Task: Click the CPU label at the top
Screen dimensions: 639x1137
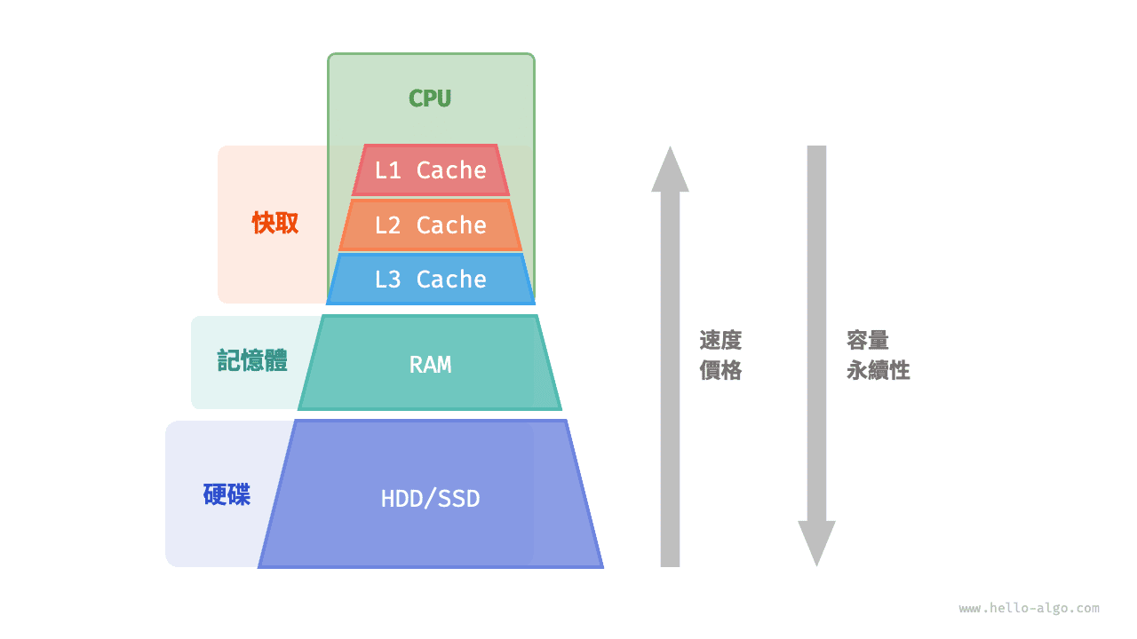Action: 430,99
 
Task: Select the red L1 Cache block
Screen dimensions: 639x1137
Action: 430,170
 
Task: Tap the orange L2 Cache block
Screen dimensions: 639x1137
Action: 430,225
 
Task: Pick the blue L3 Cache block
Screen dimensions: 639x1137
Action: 430,280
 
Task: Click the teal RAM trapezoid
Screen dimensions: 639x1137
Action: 430,364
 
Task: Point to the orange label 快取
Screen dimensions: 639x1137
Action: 275,224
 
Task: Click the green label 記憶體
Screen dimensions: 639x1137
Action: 252,360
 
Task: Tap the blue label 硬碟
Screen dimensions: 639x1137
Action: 227,494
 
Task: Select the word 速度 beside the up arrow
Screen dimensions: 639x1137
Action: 720,341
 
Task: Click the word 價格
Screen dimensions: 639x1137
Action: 720,371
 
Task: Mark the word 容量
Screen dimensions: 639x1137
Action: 868,341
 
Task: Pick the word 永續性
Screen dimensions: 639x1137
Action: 879,371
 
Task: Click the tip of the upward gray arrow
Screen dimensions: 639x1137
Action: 670,149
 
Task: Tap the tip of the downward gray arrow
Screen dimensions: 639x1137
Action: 816,564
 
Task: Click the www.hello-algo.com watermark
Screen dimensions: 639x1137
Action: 1029,609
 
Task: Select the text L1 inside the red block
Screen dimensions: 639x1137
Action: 388,170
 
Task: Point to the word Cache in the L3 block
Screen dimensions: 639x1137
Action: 451,280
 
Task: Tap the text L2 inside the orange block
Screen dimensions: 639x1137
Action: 388,225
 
